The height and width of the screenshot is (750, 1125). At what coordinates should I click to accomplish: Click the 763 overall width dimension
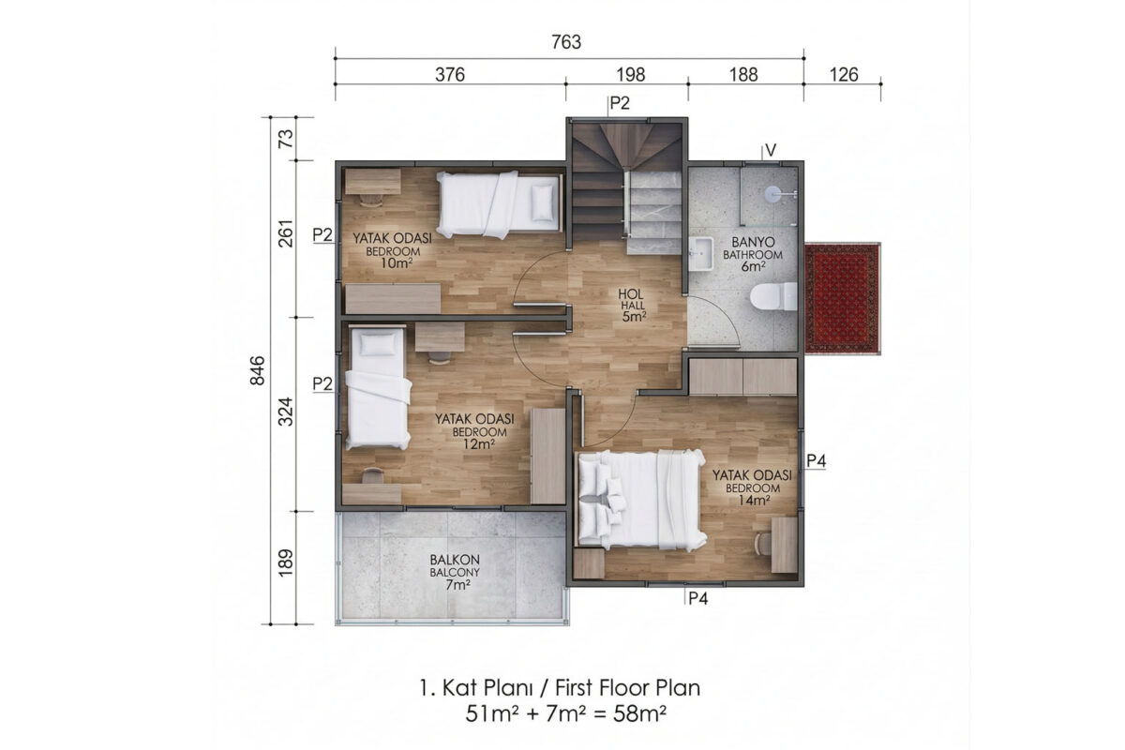pos(566,42)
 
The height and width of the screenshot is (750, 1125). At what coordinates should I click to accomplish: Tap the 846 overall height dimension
pos(258,370)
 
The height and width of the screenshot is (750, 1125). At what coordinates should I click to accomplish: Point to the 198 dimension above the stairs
pos(630,75)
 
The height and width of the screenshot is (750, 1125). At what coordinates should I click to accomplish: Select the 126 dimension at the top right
pos(844,75)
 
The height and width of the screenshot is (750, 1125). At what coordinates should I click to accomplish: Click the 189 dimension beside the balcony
pos(285,562)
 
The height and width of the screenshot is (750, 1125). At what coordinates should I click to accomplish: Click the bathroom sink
pos(700,254)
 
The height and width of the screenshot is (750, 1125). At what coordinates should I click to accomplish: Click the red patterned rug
pos(842,298)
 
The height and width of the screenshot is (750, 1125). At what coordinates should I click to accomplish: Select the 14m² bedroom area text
pos(754,501)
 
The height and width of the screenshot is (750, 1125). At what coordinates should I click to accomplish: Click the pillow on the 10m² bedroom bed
pos(543,202)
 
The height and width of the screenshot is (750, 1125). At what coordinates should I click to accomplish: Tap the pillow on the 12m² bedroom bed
pos(378,345)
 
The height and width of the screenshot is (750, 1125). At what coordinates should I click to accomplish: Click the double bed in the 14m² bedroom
pos(641,500)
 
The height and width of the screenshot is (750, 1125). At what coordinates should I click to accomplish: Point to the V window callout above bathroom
pos(770,150)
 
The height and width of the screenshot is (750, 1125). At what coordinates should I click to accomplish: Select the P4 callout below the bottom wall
pos(697,598)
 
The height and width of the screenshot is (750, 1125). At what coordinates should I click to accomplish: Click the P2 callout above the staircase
pos(620,103)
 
